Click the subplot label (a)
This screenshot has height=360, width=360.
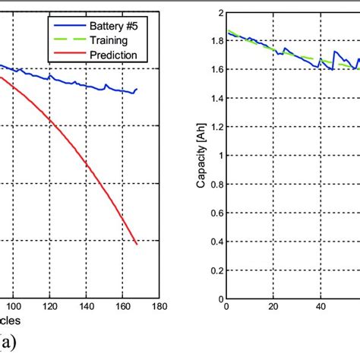tap(14, 343)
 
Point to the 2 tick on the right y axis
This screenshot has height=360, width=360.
tap(219, 14)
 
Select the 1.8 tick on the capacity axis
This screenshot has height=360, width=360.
tap(216, 41)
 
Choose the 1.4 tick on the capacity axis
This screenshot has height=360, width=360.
tap(216, 98)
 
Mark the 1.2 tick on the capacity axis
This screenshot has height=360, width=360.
tap(216, 127)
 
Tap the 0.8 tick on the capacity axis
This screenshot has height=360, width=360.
tap(216, 184)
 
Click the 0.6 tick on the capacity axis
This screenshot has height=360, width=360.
tap(216, 213)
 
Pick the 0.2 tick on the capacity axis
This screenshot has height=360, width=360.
tap(216, 270)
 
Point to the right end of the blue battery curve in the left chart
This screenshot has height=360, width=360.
tap(137, 89)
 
